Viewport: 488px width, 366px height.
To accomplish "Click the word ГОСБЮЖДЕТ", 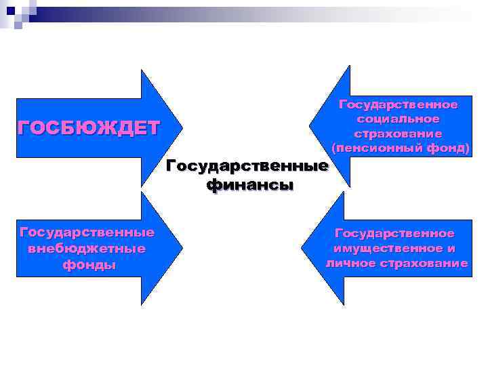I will coord(88,127).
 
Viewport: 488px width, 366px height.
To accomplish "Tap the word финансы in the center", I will coord(249,184).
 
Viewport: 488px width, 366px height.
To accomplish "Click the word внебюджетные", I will coord(87,248).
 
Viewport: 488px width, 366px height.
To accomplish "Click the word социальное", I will coord(398,119).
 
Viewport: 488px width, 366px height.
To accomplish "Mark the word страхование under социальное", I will coord(398,133).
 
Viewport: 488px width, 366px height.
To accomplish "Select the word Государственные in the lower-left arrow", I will coord(87,232).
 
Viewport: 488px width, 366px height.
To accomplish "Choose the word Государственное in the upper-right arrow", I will coord(398,104).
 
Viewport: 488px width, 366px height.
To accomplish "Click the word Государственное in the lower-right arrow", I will coord(394,233).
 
